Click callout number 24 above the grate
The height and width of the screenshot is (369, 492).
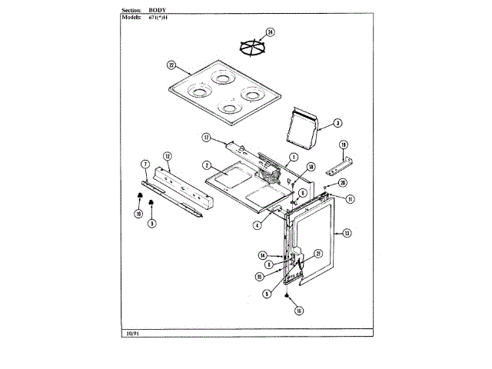click(270, 32)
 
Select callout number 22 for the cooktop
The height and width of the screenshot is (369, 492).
click(171, 65)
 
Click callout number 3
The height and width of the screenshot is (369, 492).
click(337, 122)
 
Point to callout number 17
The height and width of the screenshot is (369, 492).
click(206, 138)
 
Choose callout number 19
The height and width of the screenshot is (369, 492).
click(344, 145)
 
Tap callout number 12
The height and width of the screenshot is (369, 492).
click(167, 155)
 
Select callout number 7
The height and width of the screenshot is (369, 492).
click(145, 164)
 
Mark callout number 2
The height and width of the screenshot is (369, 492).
click(207, 165)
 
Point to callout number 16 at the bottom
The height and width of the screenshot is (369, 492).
click(298, 311)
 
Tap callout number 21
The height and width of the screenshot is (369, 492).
click(318, 253)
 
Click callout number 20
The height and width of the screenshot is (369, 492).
click(343, 183)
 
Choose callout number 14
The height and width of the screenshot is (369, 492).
click(262, 254)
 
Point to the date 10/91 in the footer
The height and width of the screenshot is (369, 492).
click(131, 333)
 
